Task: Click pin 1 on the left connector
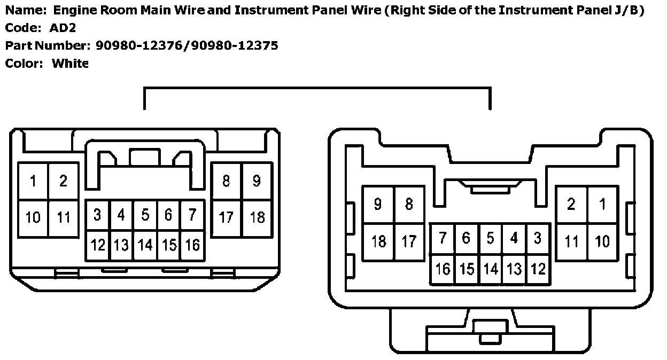click(33, 182)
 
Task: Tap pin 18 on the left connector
click(257, 217)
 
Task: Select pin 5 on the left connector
click(145, 215)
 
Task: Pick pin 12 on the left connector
click(98, 245)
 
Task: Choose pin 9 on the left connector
click(257, 181)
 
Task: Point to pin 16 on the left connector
click(192, 245)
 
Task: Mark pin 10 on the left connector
click(33, 217)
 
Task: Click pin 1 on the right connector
click(602, 204)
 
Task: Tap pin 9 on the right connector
click(378, 204)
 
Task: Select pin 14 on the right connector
click(490, 269)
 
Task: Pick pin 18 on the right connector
click(378, 241)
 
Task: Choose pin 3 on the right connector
click(538, 238)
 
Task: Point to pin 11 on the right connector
click(571, 241)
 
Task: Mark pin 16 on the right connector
click(443, 269)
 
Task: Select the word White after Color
click(69, 64)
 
